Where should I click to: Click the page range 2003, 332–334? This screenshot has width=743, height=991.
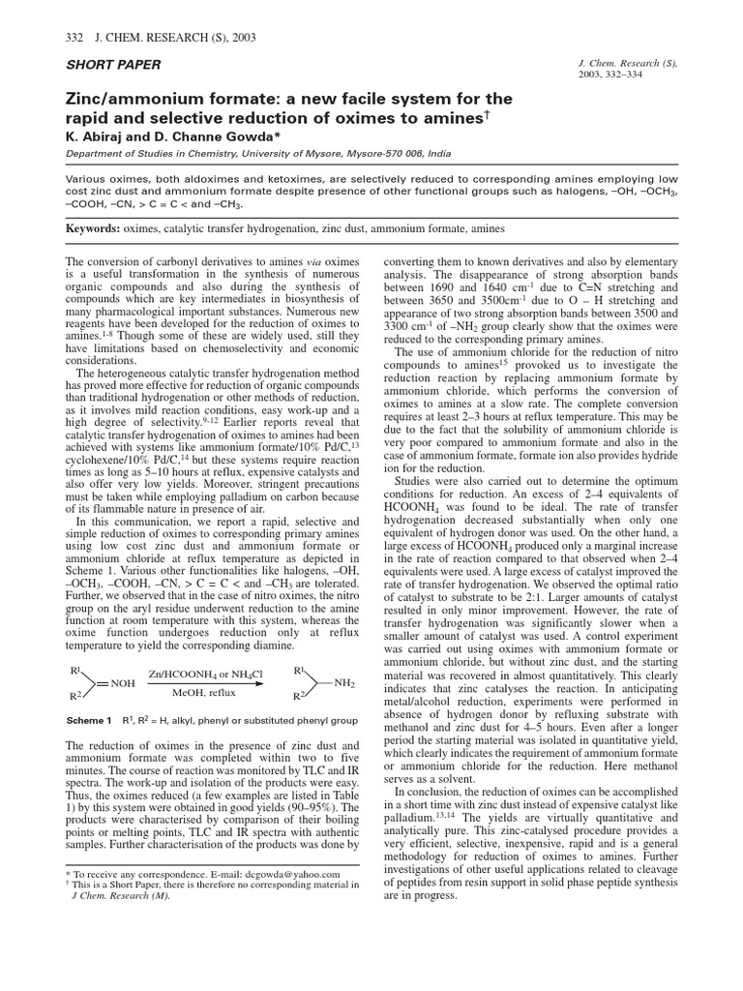pyautogui.click(x=618, y=74)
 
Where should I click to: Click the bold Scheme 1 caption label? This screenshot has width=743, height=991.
pyautogui.click(x=89, y=720)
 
